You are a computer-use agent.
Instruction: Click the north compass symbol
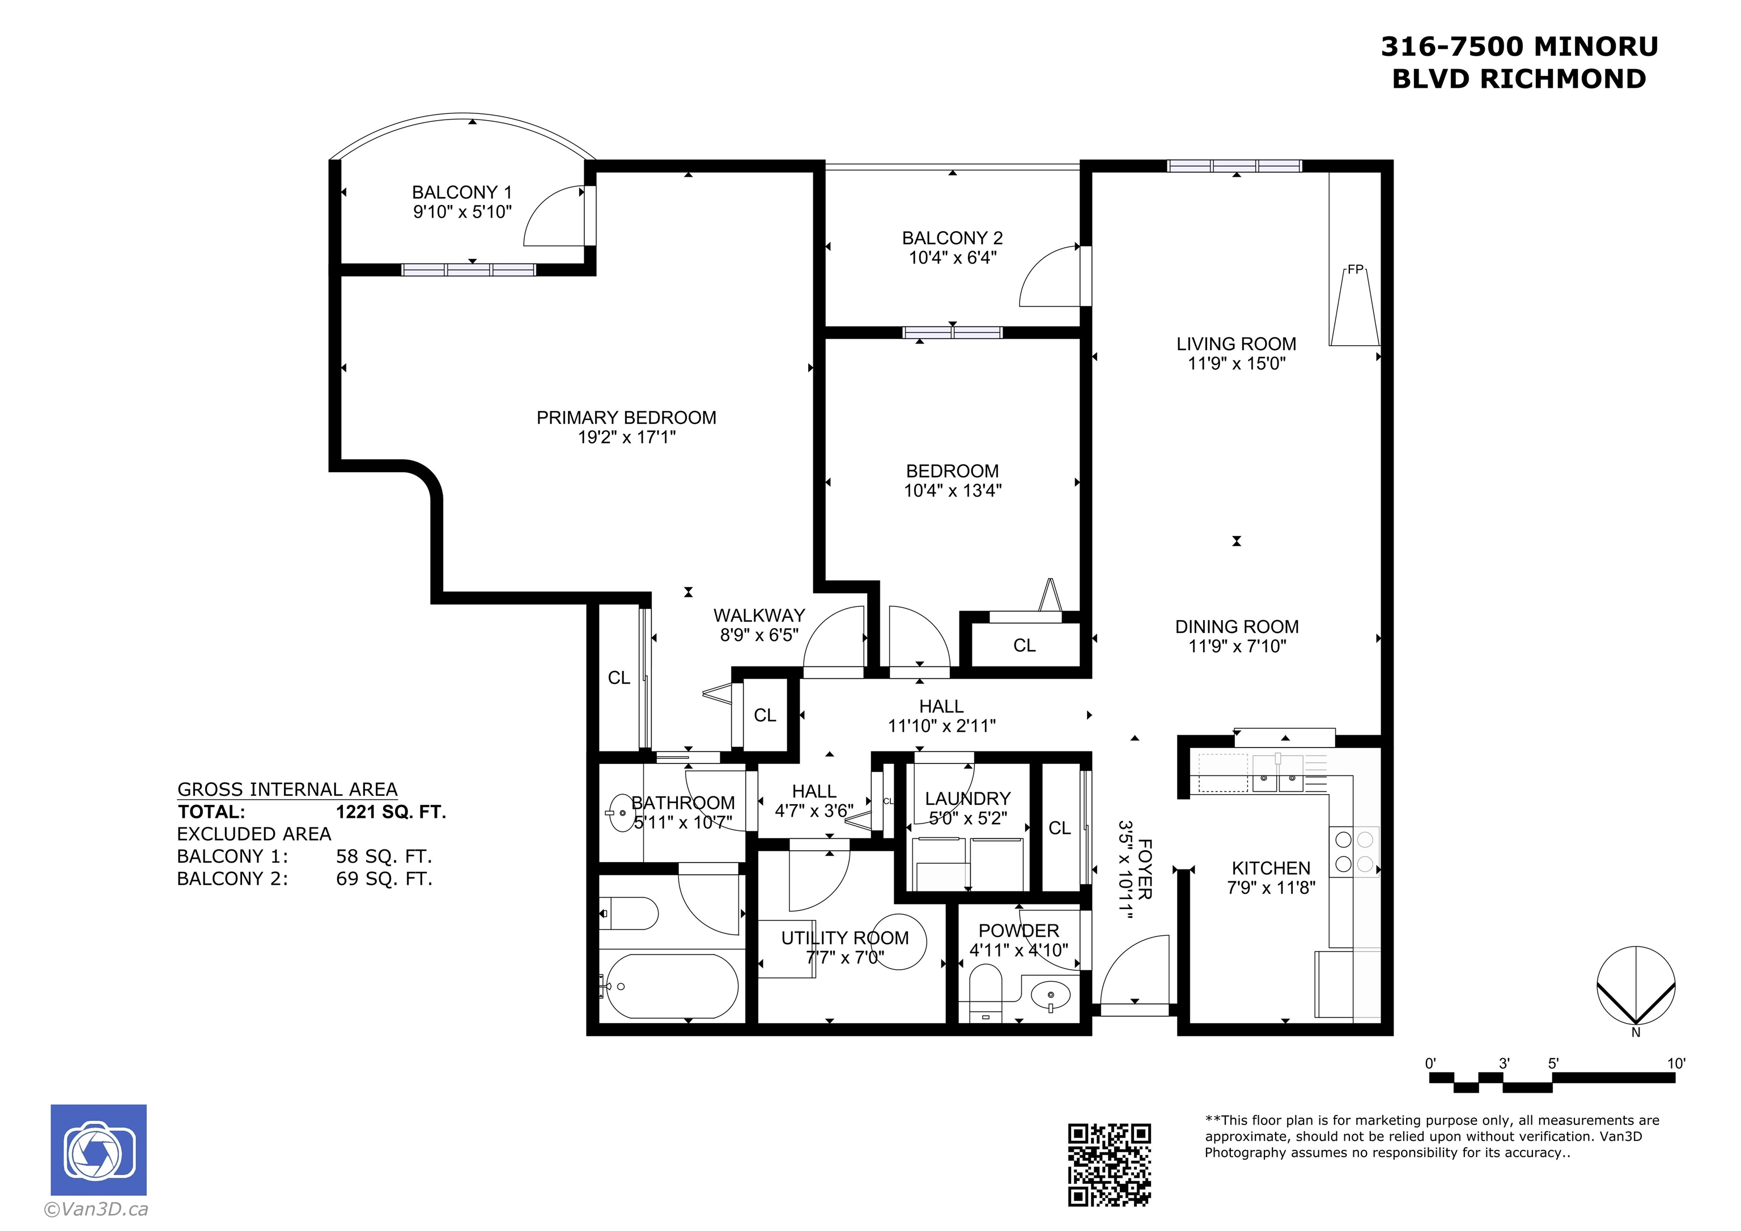coord(1636,986)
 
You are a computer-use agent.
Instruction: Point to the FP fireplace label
coord(1355,269)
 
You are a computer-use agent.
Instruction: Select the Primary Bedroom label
coord(626,417)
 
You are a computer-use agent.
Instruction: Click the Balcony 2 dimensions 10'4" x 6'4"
coord(953,258)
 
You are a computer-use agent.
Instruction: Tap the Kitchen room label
coord(1271,868)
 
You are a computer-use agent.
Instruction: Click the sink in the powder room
coord(1050,994)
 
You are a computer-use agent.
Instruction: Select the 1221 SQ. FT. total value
coord(391,812)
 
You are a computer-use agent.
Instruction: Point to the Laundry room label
coord(967,799)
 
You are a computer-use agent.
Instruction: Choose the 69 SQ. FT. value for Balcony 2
coord(384,879)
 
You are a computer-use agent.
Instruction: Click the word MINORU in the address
coord(1596,47)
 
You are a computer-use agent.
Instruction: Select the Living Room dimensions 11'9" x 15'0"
coord(1237,363)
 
